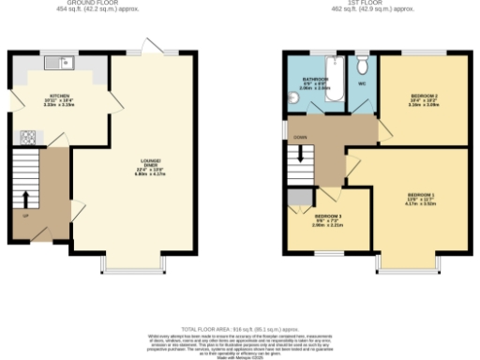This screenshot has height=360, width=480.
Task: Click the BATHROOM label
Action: (x=316, y=80)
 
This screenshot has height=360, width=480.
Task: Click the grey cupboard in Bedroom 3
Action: (x=300, y=196)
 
